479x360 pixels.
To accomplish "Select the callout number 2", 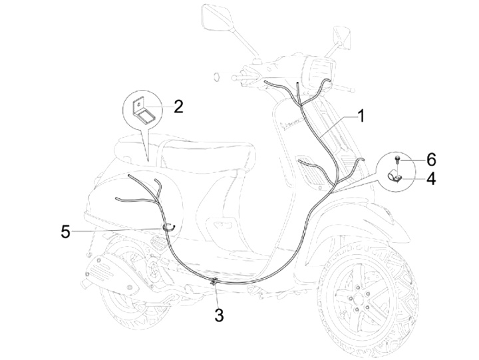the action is click(x=178, y=106).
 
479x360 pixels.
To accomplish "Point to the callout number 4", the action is click(x=431, y=179).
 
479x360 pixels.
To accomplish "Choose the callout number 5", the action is click(x=65, y=231).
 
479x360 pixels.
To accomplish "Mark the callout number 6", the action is click(x=431, y=159).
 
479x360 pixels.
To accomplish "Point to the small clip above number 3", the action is click(x=214, y=283).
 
